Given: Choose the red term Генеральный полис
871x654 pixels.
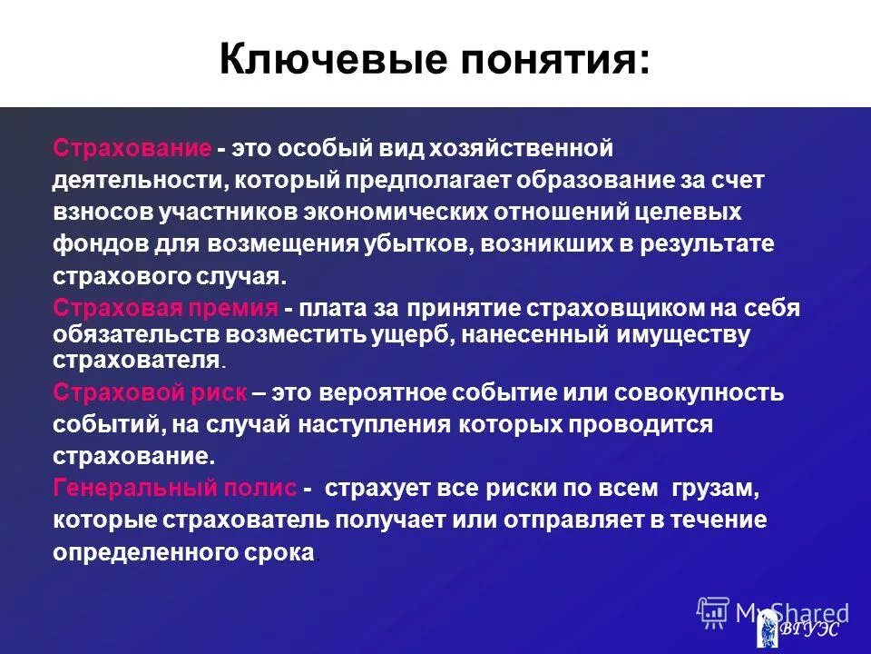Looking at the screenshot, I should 174,489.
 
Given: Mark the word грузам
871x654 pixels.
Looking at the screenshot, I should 713,489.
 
